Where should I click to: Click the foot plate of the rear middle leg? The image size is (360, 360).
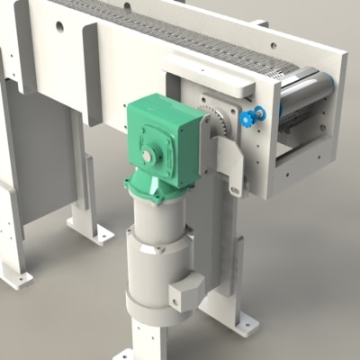coord(95,234)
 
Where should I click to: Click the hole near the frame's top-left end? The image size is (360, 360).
coord(60,26)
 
